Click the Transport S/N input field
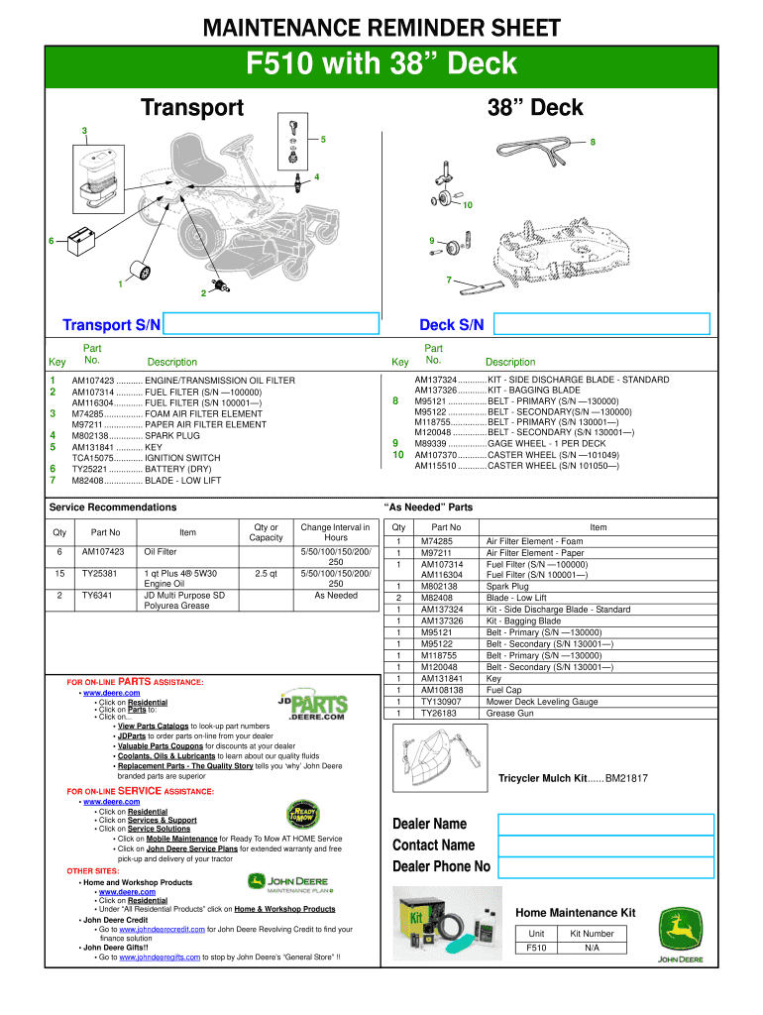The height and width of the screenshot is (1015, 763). pos(272,325)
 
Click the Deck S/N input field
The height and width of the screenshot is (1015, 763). pos(601,325)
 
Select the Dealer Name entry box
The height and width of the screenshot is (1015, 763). pos(604,825)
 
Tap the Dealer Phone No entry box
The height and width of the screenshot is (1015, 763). pos(604,866)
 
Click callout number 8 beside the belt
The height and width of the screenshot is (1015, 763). pos(593,142)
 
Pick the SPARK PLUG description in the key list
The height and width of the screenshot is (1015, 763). pos(172,436)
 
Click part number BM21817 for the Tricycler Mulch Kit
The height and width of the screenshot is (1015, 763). pos(627,779)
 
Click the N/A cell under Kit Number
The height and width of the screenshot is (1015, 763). pos(593,949)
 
